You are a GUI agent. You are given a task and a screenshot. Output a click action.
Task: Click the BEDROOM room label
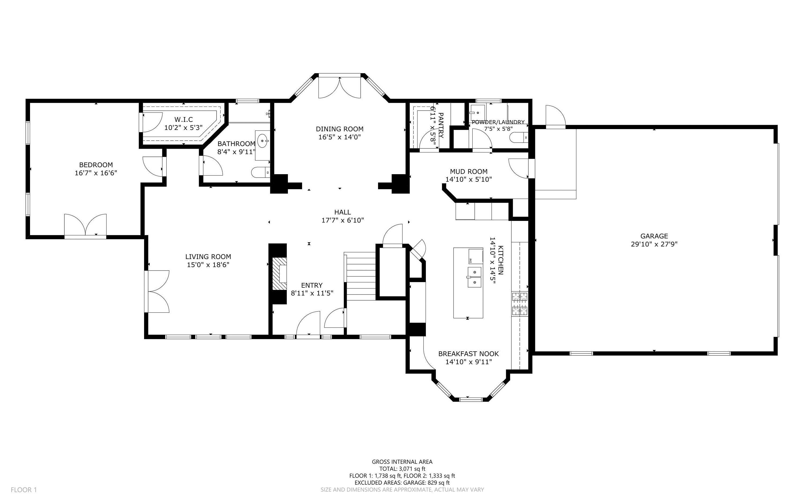(96, 165)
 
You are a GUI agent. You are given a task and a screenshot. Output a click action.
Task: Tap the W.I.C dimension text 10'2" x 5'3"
(183, 127)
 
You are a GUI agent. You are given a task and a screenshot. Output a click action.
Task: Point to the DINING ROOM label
(339, 129)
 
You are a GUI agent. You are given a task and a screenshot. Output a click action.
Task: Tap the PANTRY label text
(441, 125)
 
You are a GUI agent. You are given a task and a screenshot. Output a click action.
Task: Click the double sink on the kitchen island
(474, 277)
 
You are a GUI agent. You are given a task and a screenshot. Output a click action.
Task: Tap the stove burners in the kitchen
(519, 303)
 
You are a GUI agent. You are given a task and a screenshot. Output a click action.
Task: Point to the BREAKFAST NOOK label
(468, 354)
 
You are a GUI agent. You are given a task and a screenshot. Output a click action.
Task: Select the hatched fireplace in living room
(279, 274)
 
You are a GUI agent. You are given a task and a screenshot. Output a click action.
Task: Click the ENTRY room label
(312, 285)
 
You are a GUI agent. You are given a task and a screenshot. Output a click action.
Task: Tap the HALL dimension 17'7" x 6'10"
(342, 220)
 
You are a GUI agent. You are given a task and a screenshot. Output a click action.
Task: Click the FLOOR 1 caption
(24, 490)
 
